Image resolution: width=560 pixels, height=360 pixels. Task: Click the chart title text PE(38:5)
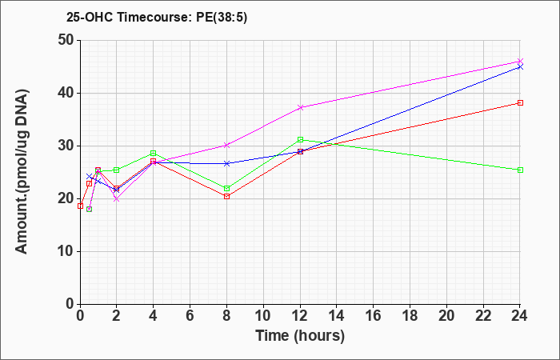[222, 17]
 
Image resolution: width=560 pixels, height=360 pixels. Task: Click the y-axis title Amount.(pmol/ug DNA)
[22, 172]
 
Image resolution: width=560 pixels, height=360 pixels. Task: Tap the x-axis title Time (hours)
[300, 336]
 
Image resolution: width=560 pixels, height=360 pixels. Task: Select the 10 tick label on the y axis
[66, 251]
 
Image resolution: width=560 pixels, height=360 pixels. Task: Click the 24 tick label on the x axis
[519, 316]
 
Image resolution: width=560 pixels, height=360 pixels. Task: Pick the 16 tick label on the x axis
[373, 316]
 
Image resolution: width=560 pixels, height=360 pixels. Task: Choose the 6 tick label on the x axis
[190, 316]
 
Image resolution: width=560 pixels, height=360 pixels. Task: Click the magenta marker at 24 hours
[520, 62]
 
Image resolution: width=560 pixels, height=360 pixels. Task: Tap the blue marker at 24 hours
[520, 66]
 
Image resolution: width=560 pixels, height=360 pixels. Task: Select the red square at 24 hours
[520, 103]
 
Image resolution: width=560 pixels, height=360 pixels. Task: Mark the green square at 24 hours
[520, 170]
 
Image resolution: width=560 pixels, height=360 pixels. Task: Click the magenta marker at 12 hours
[300, 107]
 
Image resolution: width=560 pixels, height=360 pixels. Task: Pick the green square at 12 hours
[300, 140]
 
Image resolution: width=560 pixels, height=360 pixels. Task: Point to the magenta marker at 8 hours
[226, 145]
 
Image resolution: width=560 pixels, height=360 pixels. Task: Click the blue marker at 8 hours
[226, 163]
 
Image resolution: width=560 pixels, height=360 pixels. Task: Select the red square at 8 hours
[226, 197]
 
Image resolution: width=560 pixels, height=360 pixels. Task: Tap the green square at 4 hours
[154, 154]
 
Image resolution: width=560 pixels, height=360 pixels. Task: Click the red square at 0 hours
[80, 206]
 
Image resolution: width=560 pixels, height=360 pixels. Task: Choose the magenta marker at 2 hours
[117, 199]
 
